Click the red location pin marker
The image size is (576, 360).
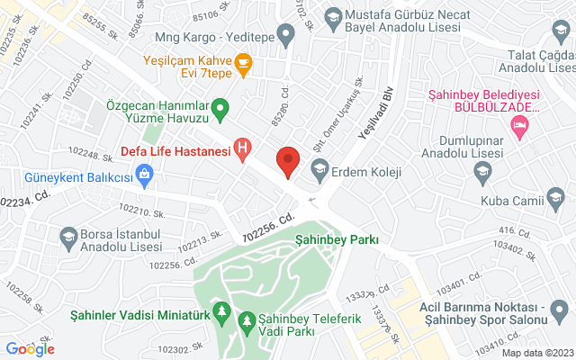pyautogui.click(x=288, y=159)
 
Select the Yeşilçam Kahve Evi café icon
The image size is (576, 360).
pyautogui.click(x=242, y=63)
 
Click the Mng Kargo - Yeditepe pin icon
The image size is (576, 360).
pyautogui.click(x=286, y=37)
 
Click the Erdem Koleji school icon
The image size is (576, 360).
pyautogui.click(x=319, y=169)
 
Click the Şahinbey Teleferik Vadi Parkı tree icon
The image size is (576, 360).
pyautogui.click(x=246, y=319)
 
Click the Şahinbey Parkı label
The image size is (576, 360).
pyautogui.click(x=337, y=239)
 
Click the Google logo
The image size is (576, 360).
pyautogui.click(x=30, y=348)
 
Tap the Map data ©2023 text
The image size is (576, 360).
pyautogui.click(x=537, y=352)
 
